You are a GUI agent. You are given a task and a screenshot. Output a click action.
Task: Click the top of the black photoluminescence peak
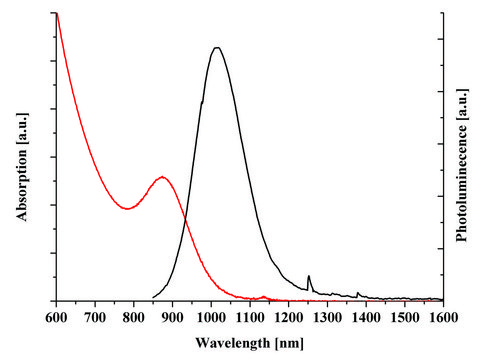(216, 47)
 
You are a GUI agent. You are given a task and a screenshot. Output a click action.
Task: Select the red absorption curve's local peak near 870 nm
(162, 177)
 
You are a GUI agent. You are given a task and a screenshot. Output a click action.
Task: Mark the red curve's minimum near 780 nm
(127, 208)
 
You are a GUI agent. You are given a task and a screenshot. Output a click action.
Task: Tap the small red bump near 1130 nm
(263, 296)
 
